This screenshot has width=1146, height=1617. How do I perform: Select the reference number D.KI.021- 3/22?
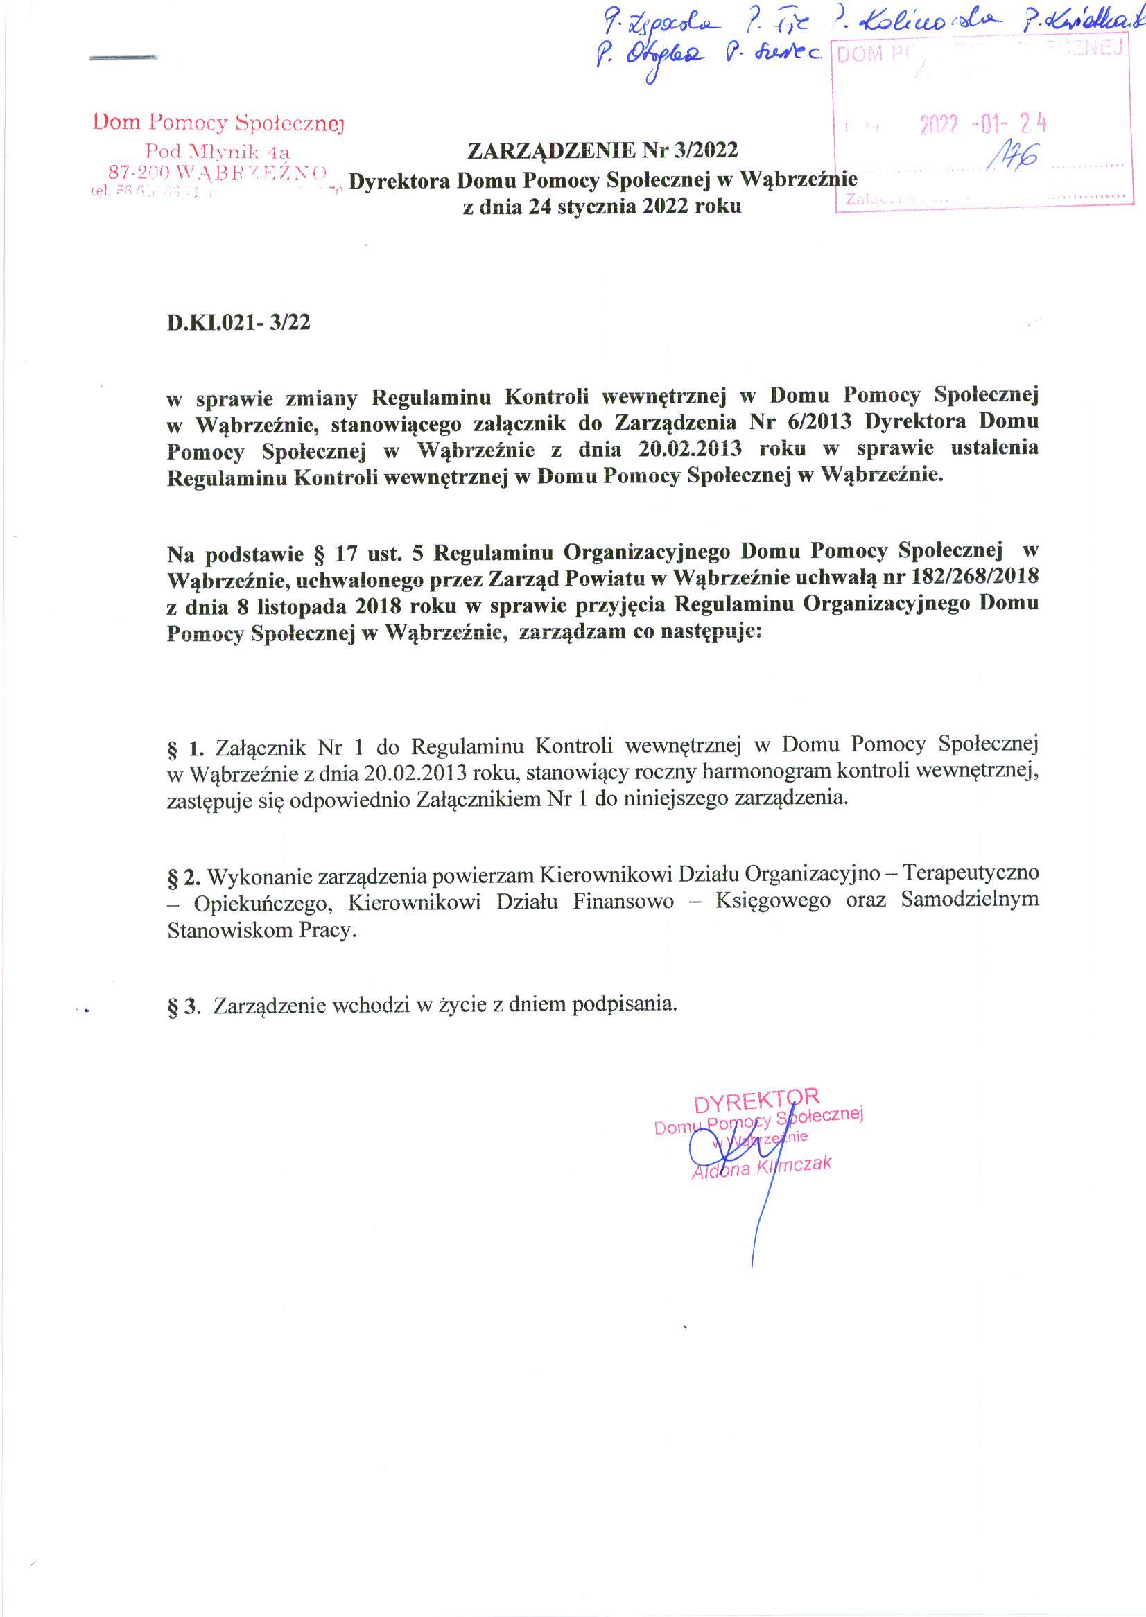238,322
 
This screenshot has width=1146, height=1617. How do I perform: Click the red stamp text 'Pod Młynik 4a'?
218,151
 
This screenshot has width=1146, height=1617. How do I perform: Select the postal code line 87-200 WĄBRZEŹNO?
218,171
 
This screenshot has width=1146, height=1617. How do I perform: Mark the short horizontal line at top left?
123,57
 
